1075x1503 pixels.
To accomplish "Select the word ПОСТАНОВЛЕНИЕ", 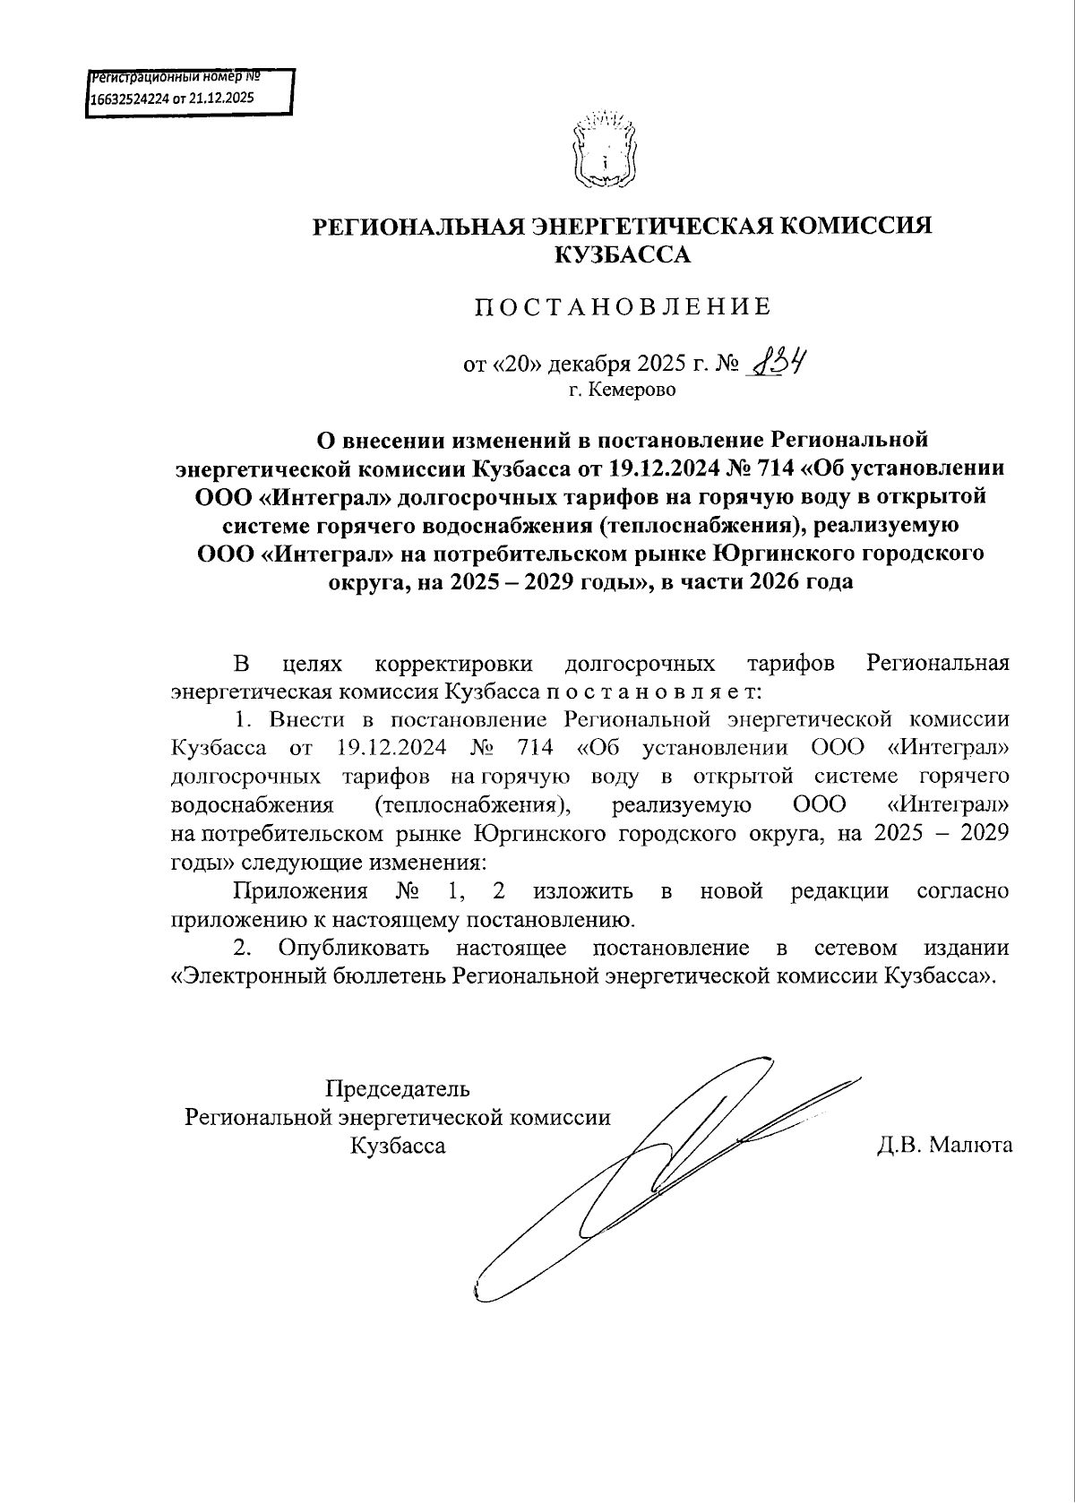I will [623, 307].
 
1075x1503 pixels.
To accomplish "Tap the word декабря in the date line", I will [589, 365].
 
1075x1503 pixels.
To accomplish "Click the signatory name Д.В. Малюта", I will [945, 1145].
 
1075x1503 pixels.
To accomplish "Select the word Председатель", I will [397, 1089].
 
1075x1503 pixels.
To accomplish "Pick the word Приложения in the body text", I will [300, 891].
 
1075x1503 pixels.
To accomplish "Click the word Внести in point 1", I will [306, 720].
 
